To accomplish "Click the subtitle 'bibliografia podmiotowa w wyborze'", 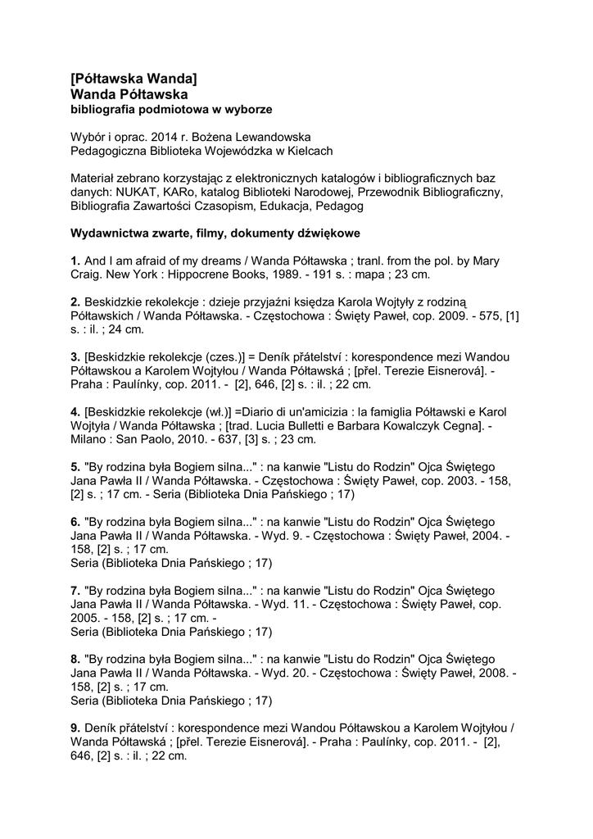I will click(171, 108).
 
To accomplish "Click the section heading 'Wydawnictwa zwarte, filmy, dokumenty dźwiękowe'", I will click(215, 234).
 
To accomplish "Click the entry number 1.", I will click(75, 261).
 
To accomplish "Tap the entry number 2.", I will click(75, 302).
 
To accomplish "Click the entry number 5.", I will click(75, 466).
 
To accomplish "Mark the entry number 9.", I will click(75, 728).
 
